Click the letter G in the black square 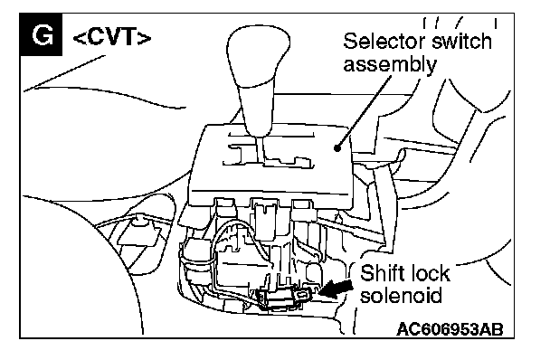tap(43, 34)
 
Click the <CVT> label tap(112, 37)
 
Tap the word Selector tap(384, 41)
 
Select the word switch tap(461, 41)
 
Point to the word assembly tap(390, 64)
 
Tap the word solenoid tap(401, 295)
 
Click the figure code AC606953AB tap(450, 329)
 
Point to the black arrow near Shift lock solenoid tap(336, 289)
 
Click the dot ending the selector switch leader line tap(337, 148)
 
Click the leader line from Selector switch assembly tap(365, 111)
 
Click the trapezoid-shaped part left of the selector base tap(137, 233)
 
